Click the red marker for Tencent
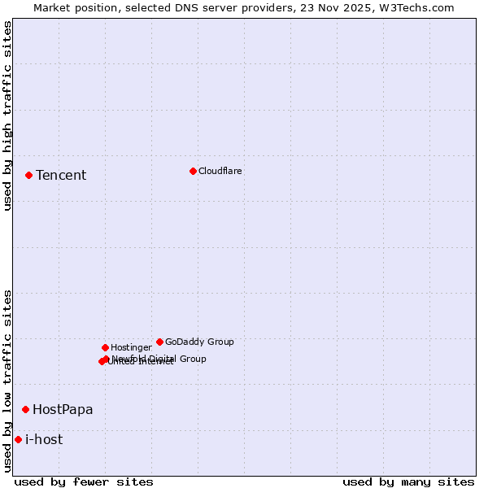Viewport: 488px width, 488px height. pyautogui.click(x=28, y=175)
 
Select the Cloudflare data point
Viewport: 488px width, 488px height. pyautogui.click(x=193, y=171)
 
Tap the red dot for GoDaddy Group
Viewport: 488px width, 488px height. pyautogui.click(x=159, y=342)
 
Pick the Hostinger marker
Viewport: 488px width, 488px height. pyautogui.click(x=105, y=347)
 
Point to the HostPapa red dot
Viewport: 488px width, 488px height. pyautogui.click(x=25, y=409)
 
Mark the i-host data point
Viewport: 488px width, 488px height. pyautogui.click(x=18, y=439)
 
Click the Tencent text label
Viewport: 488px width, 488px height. pyautogui.click(x=61, y=176)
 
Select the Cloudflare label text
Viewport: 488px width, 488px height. pyautogui.click(x=220, y=171)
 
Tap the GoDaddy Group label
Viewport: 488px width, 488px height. pyautogui.click(x=199, y=342)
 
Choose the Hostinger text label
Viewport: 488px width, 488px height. pyautogui.click(x=131, y=347)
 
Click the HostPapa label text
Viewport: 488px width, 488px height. pyautogui.click(x=63, y=410)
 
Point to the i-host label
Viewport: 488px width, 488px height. pyautogui.click(x=44, y=440)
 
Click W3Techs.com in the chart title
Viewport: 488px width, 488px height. pyautogui.click(x=416, y=7)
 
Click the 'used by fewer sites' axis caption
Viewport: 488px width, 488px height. pyautogui.click(x=84, y=481)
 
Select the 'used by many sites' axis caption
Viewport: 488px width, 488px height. pyautogui.click(x=408, y=481)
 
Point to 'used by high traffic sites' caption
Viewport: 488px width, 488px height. pyautogui.click(x=7, y=115)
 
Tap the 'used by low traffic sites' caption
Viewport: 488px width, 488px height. pyautogui.click(x=7, y=381)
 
